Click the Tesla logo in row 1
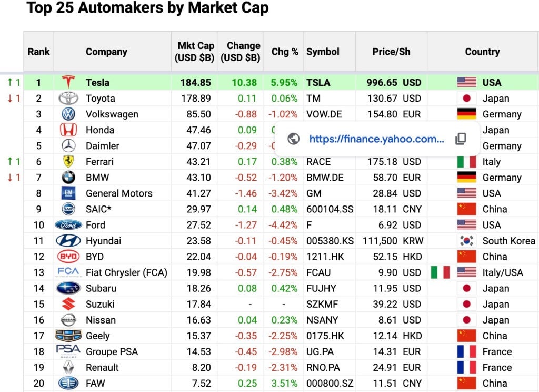(x=68, y=82)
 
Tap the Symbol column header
(x=323, y=52)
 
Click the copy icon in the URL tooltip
(x=461, y=139)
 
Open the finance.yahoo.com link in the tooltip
(x=376, y=139)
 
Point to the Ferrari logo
(x=68, y=162)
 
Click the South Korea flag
(x=466, y=241)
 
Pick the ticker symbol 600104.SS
(x=330, y=209)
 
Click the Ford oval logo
(x=68, y=225)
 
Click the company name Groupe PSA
(x=112, y=351)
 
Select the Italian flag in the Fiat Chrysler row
(x=440, y=272)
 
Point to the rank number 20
(x=38, y=383)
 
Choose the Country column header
(x=482, y=52)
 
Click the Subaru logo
(x=68, y=288)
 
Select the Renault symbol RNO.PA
(x=324, y=367)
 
